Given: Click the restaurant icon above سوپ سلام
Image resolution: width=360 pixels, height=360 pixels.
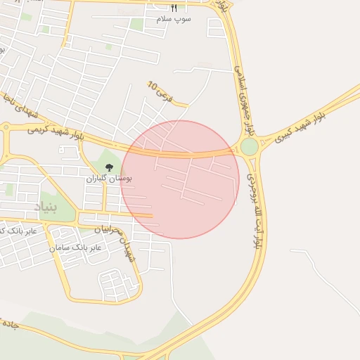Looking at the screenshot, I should click(174, 7).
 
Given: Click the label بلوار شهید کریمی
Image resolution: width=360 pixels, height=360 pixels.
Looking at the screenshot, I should click(56, 131).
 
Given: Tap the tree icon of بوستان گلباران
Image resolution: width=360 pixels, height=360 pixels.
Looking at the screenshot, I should click(109, 167).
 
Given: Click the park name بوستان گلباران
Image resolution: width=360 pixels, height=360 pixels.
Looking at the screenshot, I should click(109, 179).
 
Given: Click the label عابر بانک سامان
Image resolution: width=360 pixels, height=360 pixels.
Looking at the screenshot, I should click(75, 247).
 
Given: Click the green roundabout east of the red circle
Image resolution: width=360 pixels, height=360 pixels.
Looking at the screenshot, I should click(249, 147).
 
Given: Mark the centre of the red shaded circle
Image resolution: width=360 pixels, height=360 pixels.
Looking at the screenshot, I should click(180, 179).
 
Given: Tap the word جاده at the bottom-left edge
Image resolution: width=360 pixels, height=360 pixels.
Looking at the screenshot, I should click(8, 325).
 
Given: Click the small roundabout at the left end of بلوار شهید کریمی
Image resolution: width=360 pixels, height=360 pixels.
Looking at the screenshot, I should click(6, 128).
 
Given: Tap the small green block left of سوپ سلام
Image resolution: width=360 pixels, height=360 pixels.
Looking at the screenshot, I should click(136, 25).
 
